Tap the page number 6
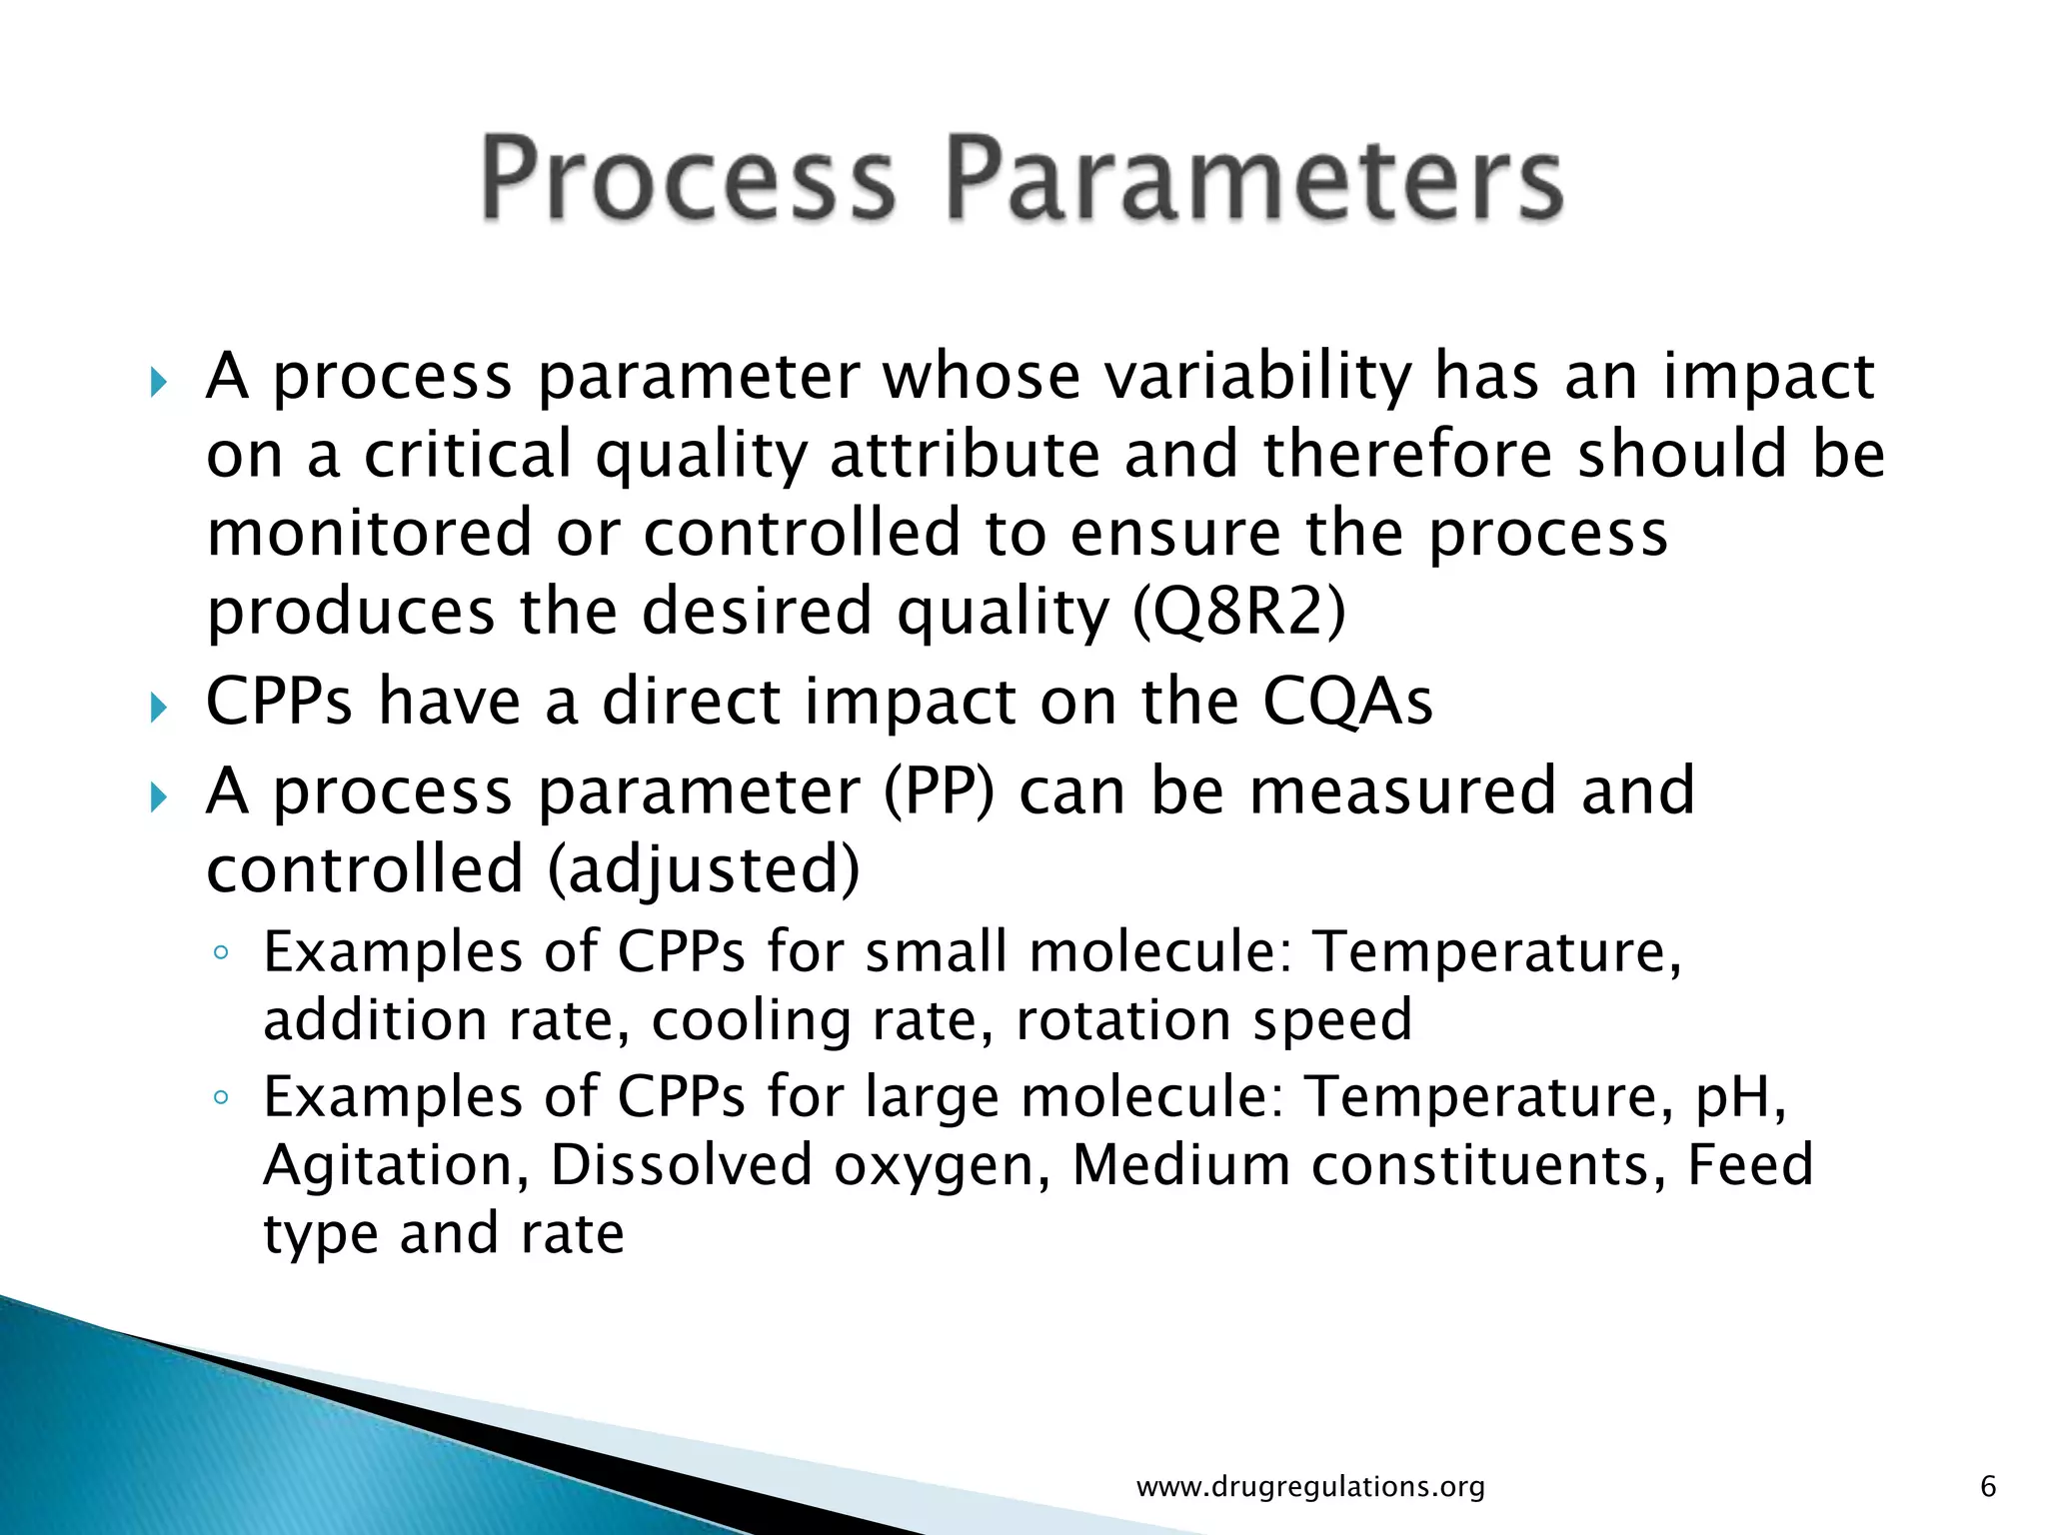pos(1987,1486)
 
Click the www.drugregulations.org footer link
pos(1310,1486)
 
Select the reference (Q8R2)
pos(1239,611)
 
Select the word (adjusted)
pos(704,868)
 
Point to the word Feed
pos(1750,1164)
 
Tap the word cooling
pos(751,1020)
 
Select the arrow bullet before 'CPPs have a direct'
pos(158,709)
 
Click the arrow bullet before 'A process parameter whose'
pos(158,382)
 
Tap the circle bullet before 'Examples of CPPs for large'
pos(221,1099)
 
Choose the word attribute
pos(964,455)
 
